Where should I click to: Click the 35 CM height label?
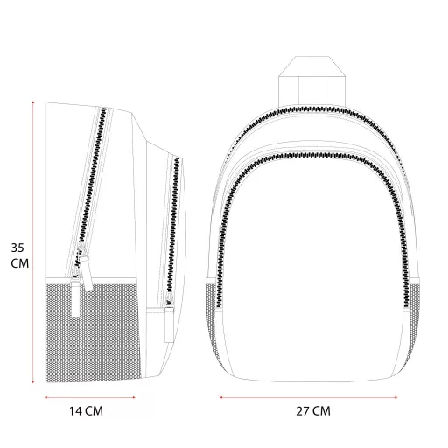[20, 255]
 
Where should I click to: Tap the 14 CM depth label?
[86, 411]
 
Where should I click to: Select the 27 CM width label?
[313, 411]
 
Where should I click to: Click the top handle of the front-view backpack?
[311, 81]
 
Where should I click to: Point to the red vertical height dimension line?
[33, 242]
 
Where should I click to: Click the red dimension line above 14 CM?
[89, 397]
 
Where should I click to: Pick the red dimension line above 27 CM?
[309, 397]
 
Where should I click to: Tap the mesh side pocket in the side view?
[93, 332]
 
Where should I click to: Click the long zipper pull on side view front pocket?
[169, 324]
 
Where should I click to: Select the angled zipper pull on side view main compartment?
[86, 273]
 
